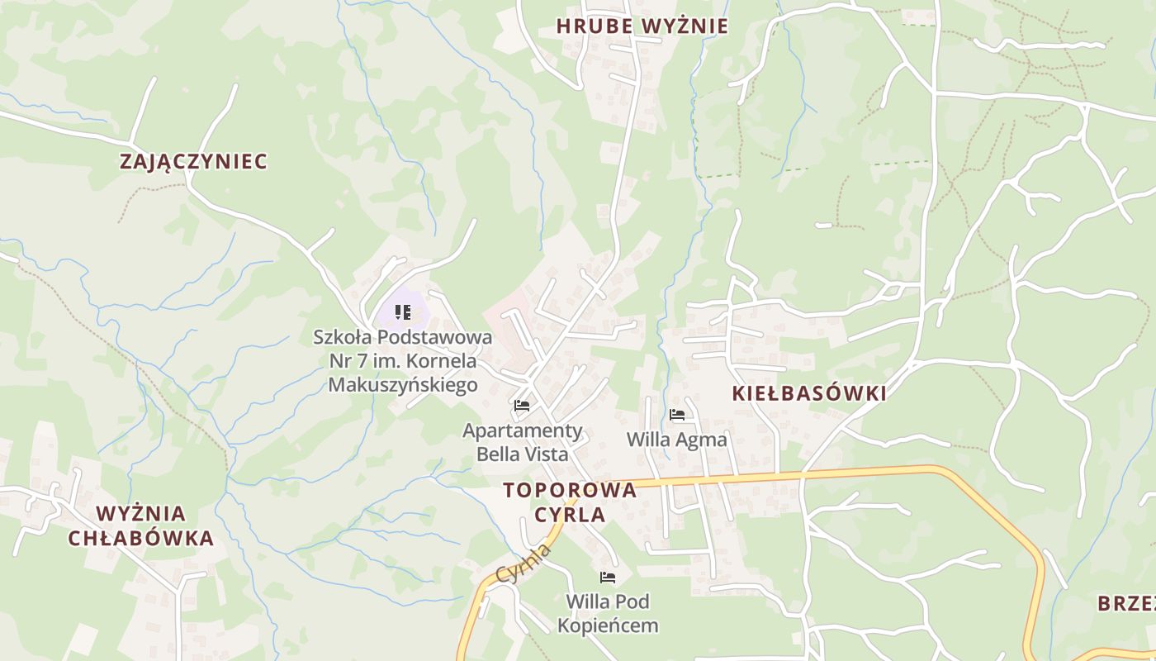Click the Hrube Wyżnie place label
coord(642,26)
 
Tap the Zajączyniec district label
coord(194,161)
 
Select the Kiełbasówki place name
coord(809,393)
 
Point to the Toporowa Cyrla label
coord(570,502)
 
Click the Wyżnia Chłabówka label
coord(140,526)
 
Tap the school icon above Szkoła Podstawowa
coord(403,312)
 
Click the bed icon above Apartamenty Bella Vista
coord(521,406)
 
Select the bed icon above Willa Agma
coord(677,415)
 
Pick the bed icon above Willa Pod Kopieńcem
coord(608,578)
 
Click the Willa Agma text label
coord(677,440)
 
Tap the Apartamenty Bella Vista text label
coord(523,443)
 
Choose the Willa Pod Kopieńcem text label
coord(608,613)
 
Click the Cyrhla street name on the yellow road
coord(525,563)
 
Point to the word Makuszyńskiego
coord(403,385)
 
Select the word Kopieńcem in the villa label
coord(608,625)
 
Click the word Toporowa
coord(570,490)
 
